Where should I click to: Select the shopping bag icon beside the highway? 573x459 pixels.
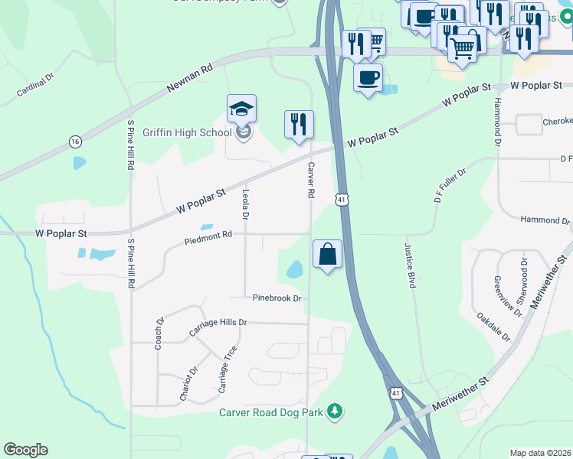(x=327, y=255)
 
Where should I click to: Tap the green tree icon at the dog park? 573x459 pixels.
(x=334, y=412)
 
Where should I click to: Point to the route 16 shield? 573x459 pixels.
(x=74, y=142)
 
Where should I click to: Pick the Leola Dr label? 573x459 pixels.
(x=246, y=205)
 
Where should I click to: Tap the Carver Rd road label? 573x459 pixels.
(x=311, y=181)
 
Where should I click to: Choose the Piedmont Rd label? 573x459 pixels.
(x=208, y=239)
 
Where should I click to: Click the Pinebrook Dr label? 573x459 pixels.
(x=277, y=298)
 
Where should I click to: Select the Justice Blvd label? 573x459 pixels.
(x=410, y=265)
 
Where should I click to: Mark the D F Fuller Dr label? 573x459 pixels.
(x=450, y=186)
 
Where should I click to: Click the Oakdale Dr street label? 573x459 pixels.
(x=493, y=325)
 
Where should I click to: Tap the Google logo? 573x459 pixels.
(x=25, y=450)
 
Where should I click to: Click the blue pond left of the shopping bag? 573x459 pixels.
(x=294, y=269)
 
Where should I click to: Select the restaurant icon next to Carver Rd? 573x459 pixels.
(x=299, y=124)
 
